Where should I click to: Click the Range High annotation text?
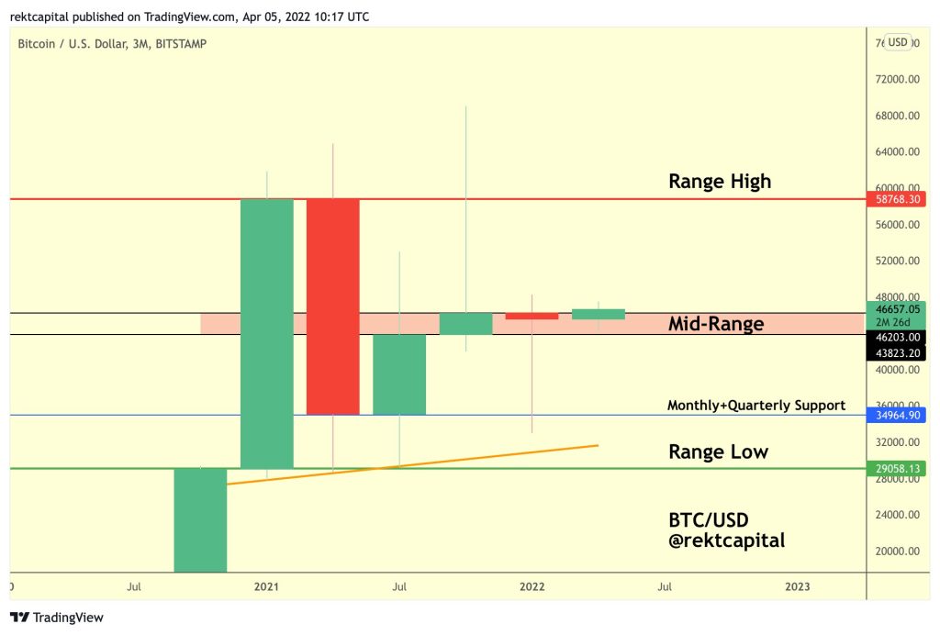[720, 182]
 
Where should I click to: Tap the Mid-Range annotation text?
[716, 324]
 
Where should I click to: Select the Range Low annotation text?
[718, 451]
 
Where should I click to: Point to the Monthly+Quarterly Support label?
[756, 405]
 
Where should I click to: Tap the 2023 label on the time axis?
[797, 585]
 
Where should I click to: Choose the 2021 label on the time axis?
[266, 585]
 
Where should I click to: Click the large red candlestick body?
[332, 306]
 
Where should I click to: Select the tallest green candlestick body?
[266, 333]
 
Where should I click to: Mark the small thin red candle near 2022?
[532, 316]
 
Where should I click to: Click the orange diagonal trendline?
[413, 464]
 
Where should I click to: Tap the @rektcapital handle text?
[727, 540]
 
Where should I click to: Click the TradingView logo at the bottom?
[57, 618]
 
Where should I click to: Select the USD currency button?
[897, 42]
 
